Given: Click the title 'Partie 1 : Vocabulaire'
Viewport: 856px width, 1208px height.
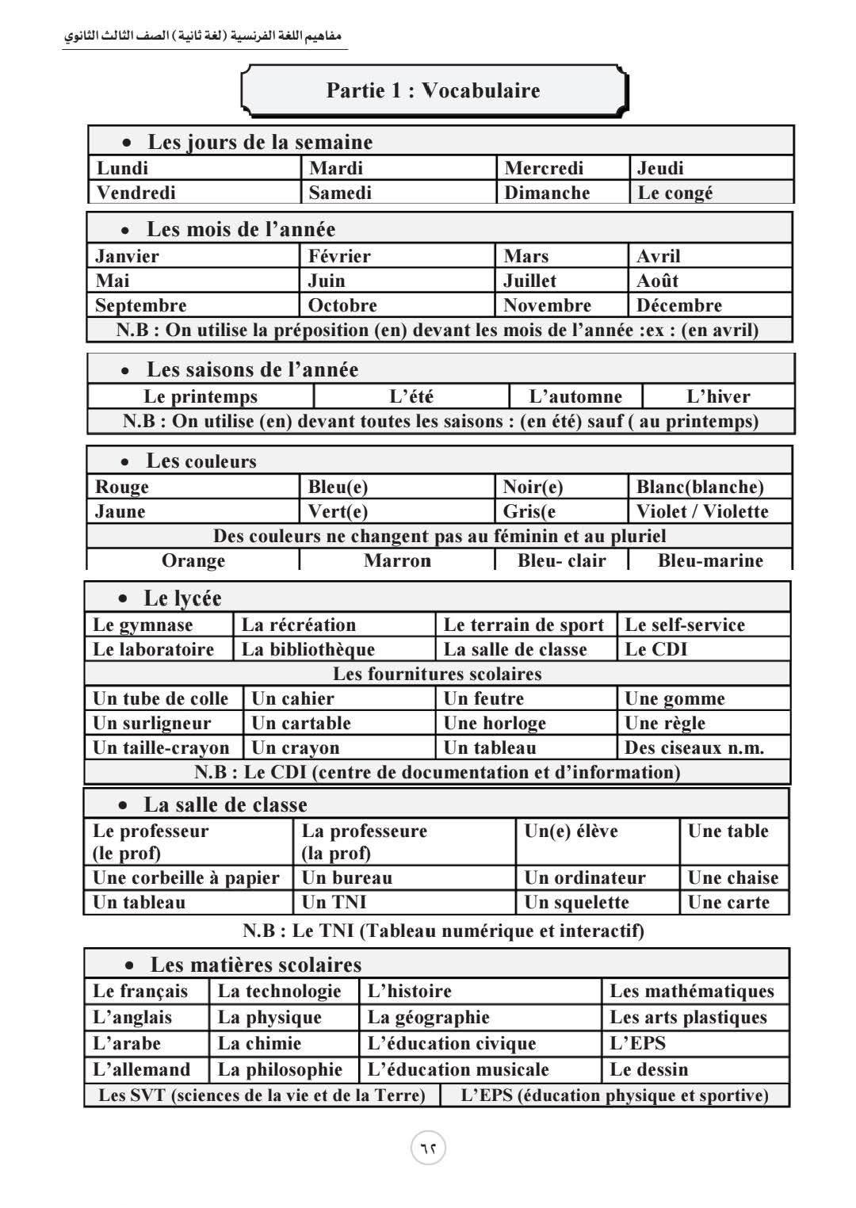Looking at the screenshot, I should click(433, 90).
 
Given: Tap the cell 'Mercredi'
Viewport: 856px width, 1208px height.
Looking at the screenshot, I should click(544, 168).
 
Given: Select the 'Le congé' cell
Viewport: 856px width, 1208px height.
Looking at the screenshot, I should click(675, 193).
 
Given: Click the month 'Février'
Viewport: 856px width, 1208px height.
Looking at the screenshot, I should click(339, 256).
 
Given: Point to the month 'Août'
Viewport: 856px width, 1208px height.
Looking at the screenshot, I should click(657, 281).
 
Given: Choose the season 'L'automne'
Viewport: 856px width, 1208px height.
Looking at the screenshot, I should click(575, 396).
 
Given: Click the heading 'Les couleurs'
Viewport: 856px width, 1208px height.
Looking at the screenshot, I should click(201, 461).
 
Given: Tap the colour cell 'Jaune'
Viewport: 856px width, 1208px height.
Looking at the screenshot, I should click(120, 511).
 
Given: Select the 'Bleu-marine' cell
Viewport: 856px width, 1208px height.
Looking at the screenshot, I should click(710, 560).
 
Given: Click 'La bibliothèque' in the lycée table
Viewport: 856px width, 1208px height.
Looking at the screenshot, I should click(308, 649).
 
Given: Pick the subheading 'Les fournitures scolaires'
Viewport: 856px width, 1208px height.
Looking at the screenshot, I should click(438, 674).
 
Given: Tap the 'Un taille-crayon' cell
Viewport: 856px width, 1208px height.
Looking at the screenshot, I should click(161, 747).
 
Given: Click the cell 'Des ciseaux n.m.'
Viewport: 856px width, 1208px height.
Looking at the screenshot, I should click(694, 747).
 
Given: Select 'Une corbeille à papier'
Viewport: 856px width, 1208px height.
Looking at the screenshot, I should click(186, 877).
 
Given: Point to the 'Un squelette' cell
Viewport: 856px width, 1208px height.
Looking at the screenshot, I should click(577, 902).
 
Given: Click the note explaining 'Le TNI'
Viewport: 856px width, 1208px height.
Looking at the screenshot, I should click(443, 930).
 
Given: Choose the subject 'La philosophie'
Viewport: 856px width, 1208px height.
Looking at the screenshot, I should click(280, 1069).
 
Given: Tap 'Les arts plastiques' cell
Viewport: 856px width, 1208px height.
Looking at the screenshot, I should click(689, 1017).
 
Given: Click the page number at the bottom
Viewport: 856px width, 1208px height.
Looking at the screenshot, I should click(428, 1148).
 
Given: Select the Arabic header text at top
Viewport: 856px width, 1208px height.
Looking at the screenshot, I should click(204, 37).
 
